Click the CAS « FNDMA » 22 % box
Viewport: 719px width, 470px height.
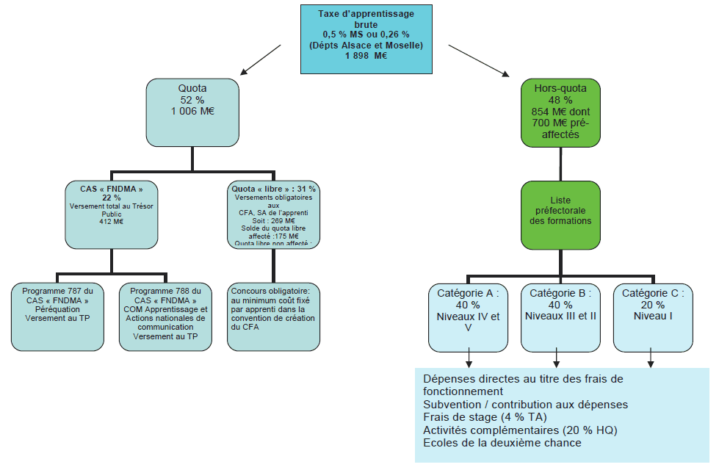(x=110, y=214)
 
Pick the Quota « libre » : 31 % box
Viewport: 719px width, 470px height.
(x=273, y=214)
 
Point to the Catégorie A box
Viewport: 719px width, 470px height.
(x=469, y=317)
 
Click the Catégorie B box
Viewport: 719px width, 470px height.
(x=560, y=317)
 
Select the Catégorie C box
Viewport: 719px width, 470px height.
(x=653, y=317)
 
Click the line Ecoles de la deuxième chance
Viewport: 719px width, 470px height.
(x=502, y=443)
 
